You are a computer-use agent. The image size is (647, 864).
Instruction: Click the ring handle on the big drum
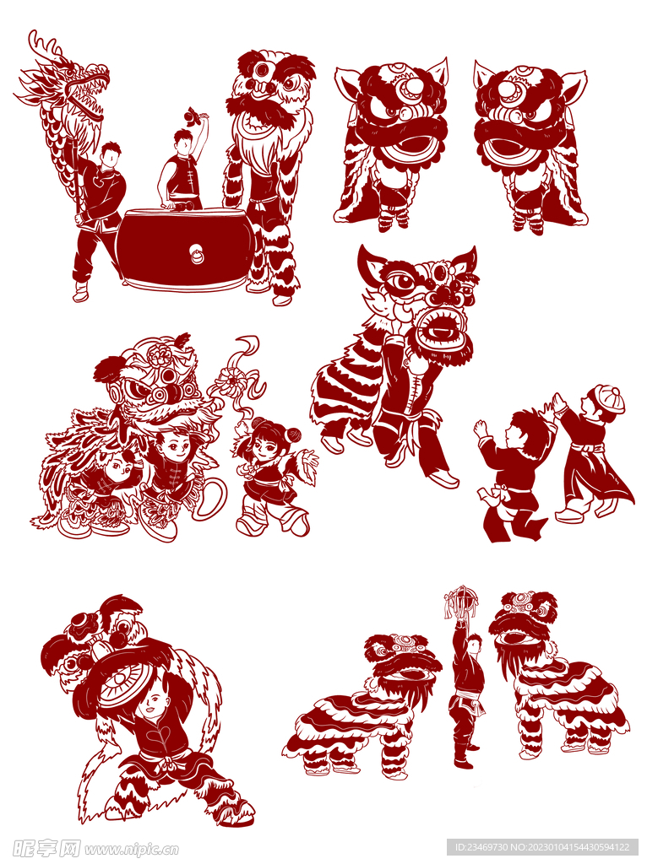click(x=196, y=255)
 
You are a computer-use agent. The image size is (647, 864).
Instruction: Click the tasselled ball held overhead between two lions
click(x=460, y=602)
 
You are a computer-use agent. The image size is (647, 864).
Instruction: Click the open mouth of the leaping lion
click(x=439, y=330)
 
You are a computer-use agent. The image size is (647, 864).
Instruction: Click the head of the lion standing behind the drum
click(x=270, y=83)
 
